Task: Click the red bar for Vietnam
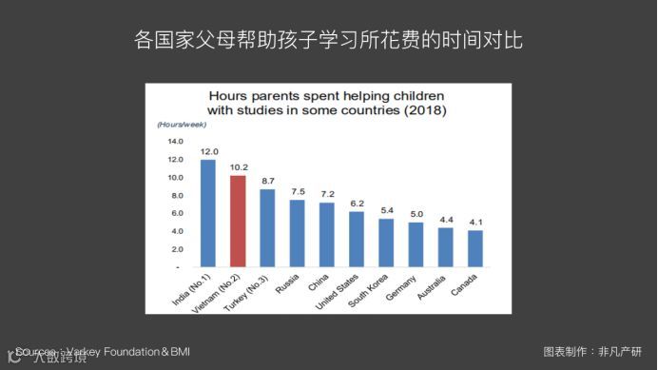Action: (239, 222)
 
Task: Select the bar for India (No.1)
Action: (208, 213)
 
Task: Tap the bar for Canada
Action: (474, 248)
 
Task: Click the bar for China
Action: (327, 234)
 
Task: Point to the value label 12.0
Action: (209, 151)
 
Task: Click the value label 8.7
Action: (268, 181)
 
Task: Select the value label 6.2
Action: (357, 204)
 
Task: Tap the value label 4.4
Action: (445, 220)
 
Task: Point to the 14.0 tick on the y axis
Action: (175, 142)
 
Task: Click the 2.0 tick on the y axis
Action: (177, 249)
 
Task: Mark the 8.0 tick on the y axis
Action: (177, 195)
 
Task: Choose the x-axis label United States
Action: (340, 289)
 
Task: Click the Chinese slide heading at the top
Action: (328, 42)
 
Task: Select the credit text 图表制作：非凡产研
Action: (586, 351)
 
